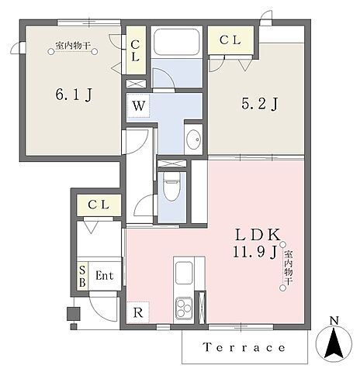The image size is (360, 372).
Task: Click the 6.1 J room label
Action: click(74, 95)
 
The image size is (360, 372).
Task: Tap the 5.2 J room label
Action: click(260, 104)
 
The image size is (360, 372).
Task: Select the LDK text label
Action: click(258, 235)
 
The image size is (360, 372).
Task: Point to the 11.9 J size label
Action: click(255, 252)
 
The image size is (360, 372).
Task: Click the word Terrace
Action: click(244, 347)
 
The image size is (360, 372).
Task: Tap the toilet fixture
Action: click(171, 187)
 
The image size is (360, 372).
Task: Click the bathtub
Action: click(177, 41)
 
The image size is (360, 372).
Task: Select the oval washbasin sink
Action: click(194, 139)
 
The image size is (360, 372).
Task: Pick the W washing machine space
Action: click(138, 105)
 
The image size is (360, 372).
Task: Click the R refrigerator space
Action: click(138, 312)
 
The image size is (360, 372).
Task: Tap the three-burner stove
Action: click(184, 307)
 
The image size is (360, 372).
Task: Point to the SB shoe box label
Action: click(82, 276)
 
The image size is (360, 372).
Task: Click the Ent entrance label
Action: click(105, 276)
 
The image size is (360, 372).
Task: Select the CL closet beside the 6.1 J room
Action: click(135, 51)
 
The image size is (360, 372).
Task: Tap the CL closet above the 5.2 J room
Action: click(230, 40)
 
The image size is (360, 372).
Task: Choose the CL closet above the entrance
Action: click(99, 205)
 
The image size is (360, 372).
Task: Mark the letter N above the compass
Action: click(334, 321)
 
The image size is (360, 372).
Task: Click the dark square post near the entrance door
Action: click(74, 314)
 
